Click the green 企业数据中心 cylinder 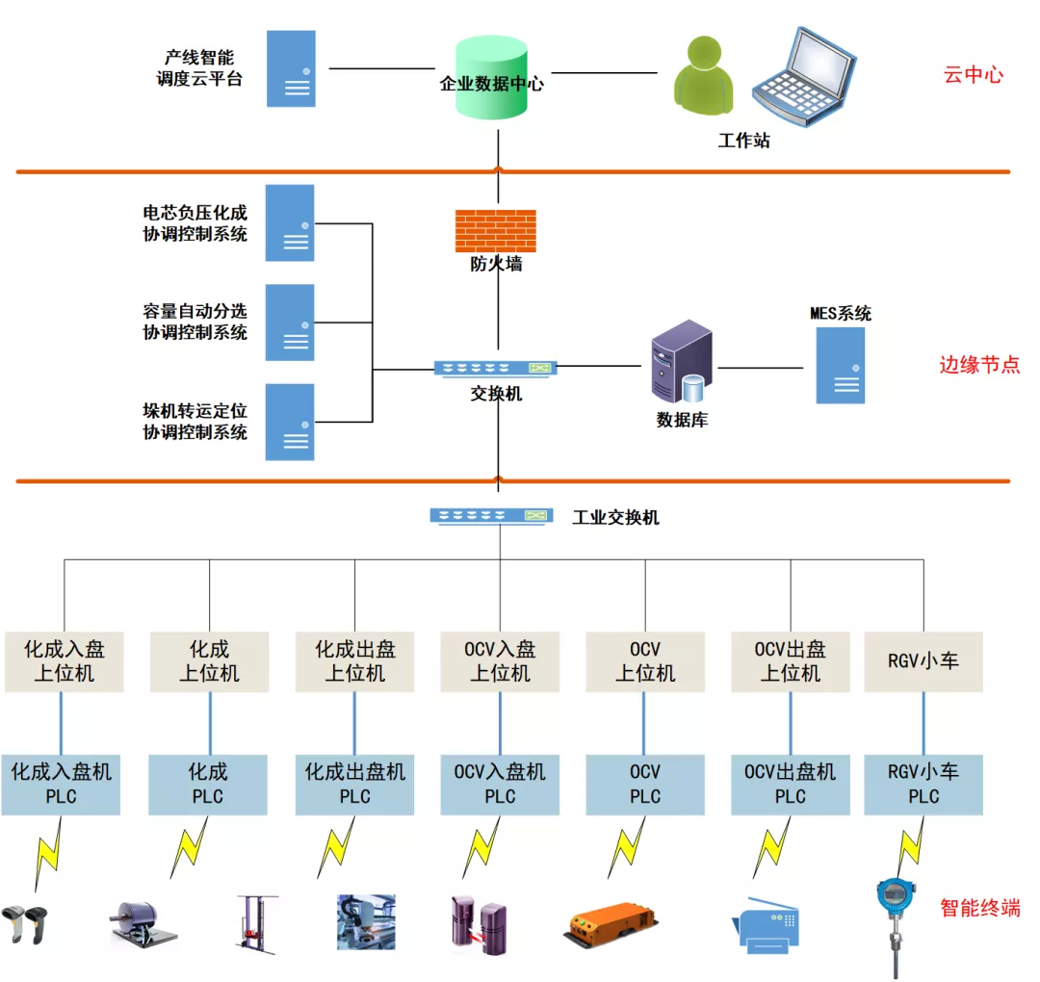(491, 79)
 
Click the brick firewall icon (495, 231)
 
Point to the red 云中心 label (974, 75)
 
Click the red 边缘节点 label (978, 365)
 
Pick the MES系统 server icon (841, 365)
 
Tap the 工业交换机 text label (616, 517)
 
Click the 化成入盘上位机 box (64, 661)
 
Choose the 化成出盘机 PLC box (354, 784)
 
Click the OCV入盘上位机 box (500, 661)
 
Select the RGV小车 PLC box (923, 784)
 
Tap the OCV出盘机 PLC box (791, 784)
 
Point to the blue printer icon (770, 925)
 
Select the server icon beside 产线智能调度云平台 (291, 68)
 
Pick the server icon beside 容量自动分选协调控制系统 (290, 323)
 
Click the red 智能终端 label (980, 907)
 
